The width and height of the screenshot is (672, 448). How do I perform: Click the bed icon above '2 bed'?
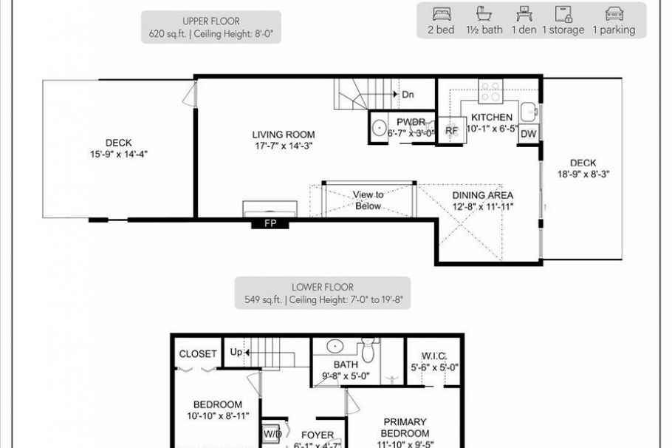441,14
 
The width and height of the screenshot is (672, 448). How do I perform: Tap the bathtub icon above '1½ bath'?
484,14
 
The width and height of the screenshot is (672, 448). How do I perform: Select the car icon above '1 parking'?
612,14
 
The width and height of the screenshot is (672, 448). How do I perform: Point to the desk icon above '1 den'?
523,14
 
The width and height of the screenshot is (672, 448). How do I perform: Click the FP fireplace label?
270,223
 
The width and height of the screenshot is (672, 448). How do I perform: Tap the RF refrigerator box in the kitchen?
452,130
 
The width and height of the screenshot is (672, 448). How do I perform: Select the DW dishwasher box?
528,134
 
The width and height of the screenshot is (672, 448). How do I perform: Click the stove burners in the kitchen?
490,92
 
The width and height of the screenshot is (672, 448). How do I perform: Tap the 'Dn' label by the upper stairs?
408,95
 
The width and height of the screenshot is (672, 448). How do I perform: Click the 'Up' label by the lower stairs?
236,352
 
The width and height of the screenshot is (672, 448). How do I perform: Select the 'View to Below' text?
368,200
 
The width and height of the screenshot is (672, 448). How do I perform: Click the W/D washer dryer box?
271,434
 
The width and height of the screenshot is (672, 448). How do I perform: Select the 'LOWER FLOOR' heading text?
322,288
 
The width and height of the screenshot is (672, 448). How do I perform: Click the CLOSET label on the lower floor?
198,354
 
